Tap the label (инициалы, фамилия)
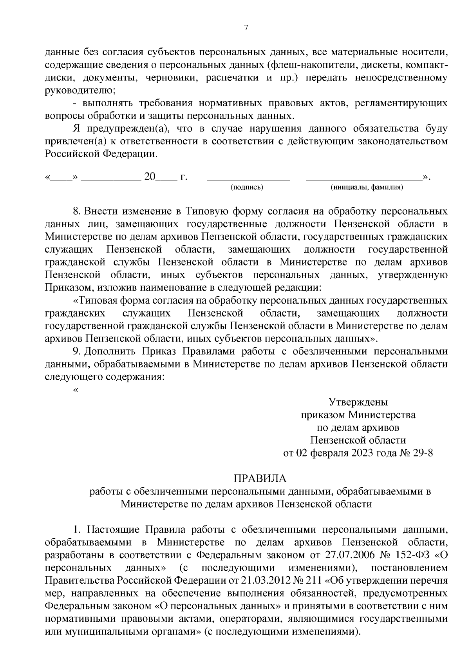[367, 187]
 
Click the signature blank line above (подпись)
[248, 180]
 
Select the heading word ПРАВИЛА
[260, 479]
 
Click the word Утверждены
[358, 402]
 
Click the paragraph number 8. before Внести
[77, 211]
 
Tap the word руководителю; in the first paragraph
[80, 90]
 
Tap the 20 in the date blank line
[150, 177]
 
